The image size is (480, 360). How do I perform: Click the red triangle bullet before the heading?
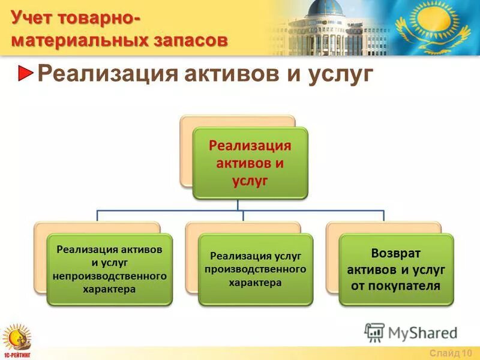(25, 73)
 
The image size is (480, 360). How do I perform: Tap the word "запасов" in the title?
(190, 41)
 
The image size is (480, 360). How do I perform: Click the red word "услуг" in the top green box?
(250, 181)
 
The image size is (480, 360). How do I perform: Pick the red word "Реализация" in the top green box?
(250, 146)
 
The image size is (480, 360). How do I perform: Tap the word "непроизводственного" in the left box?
(110, 277)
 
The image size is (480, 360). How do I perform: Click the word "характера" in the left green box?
(109, 290)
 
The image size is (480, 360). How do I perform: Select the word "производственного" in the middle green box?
(256, 269)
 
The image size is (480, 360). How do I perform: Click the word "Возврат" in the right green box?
(396, 253)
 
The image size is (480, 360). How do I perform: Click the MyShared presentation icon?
(374, 332)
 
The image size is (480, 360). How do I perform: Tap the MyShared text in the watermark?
(423, 333)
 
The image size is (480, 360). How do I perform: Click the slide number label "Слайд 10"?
(451, 353)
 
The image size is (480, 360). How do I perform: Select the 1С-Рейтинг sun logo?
(17, 340)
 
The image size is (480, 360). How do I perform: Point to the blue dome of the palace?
(325, 8)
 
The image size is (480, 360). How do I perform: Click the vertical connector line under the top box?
(238, 205)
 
